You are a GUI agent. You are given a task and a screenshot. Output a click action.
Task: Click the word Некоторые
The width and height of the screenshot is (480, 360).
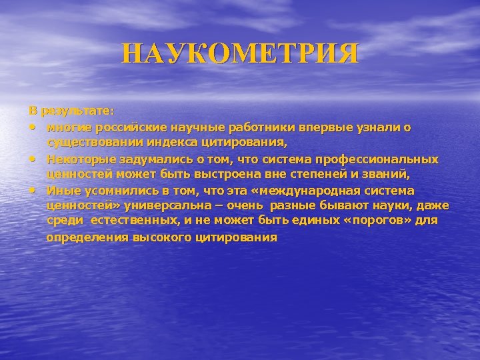pyautogui.click(x=78, y=159)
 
